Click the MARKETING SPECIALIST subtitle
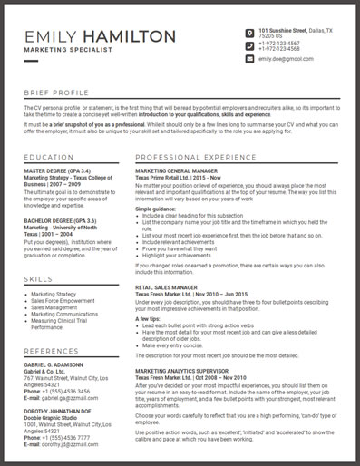pyautogui.click(x=68, y=50)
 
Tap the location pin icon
pyautogui.click(x=249, y=33)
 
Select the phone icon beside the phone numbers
pyautogui.click(x=249, y=45)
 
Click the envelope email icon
pyautogui.click(x=249, y=58)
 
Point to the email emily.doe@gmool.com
pyautogui.click(x=286, y=58)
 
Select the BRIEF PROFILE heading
pyautogui.click(x=57, y=93)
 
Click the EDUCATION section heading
pyautogui.click(x=49, y=158)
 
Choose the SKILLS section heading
pyautogui.click(x=39, y=279)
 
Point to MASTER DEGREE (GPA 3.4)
pyautogui.click(x=57, y=170)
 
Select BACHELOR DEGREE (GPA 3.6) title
pyautogui.click(x=61, y=220)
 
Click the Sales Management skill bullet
pyautogui.click(x=54, y=307)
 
